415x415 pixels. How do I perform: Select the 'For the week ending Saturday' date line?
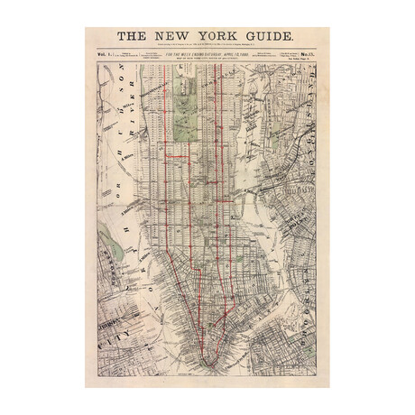tap(207, 55)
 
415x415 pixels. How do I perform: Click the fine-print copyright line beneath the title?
tap(207, 46)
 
